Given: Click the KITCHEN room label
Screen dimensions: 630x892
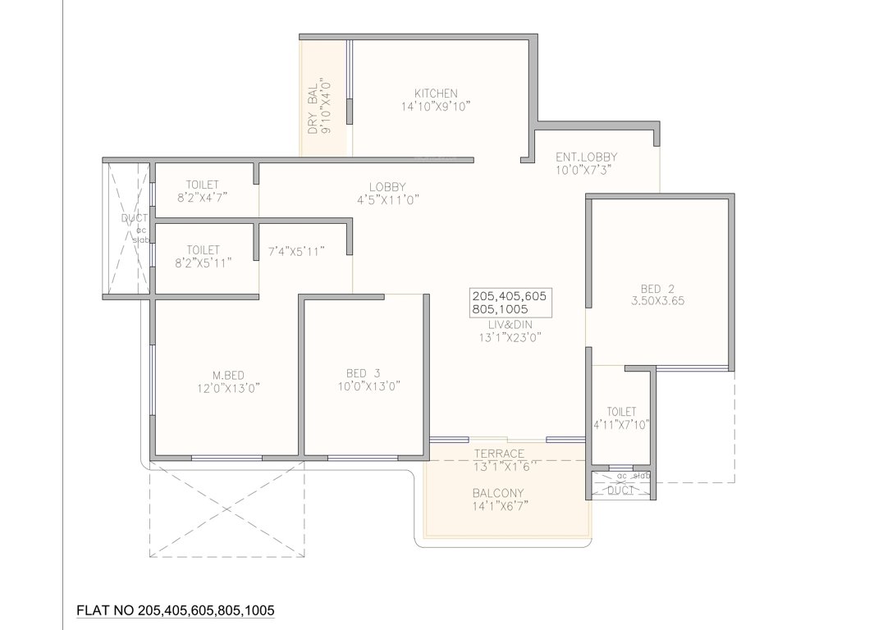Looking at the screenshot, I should tap(436, 94).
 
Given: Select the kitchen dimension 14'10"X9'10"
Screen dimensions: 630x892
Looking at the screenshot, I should tap(436, 107).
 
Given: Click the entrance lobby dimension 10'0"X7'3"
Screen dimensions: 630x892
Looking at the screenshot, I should tap(583, 171).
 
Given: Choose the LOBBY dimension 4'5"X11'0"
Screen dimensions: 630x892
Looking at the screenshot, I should tap(387, 199).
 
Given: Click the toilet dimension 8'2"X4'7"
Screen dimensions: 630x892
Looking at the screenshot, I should tap(203, 198).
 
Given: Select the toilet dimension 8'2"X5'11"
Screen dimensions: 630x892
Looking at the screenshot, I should tap(203, 262).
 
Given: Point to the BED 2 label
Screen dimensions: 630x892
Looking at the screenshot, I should tap(656, 288).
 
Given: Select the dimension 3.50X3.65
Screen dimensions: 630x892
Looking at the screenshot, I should tap(656, 301).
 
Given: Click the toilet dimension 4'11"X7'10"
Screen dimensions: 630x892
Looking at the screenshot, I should tap(621, 424).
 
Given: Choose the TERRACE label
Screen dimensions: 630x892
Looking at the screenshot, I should tap(498, 454).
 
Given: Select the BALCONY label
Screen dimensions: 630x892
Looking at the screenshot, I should tap(498, 493).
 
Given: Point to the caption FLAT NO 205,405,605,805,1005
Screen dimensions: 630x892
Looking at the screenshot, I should tap(175, 610).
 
